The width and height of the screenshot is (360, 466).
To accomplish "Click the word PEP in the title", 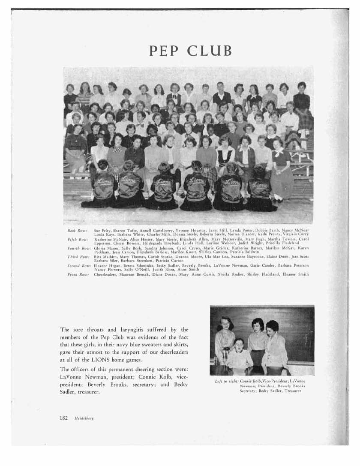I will click(165, 51).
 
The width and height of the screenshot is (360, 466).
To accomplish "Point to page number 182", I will click(64, 418).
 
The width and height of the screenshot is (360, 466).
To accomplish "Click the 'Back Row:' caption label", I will click(78, 230).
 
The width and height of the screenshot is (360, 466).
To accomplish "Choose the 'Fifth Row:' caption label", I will click(78, 239).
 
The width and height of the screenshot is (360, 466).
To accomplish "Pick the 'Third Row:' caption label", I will click(78, 257).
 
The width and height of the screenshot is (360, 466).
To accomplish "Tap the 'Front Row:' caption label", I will click(78, 274).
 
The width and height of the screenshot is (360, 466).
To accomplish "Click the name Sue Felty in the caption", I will click(102, 230).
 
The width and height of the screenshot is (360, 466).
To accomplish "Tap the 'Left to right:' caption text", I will click(227, 381).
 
